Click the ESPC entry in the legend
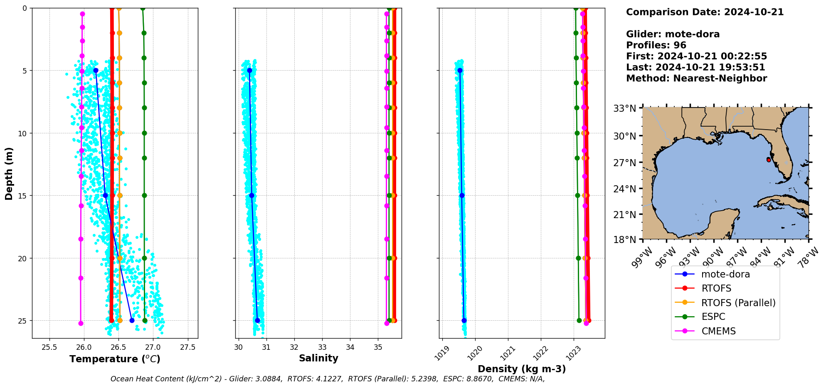[713, 317]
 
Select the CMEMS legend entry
[718, 331]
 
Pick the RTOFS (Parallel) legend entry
[738, 303]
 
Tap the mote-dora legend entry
[725, 274]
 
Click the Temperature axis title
[115, 359]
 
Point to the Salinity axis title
[318, 358]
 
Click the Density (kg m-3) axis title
[522, 369]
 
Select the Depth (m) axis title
[9, 173]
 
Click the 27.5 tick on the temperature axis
[187, 347]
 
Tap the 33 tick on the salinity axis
[322, 347]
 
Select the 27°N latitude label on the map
[625, 162]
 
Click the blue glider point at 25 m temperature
[132, 320]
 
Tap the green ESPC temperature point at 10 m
[144, 133]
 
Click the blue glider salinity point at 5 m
[249, 71]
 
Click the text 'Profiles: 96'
[656, 45]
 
